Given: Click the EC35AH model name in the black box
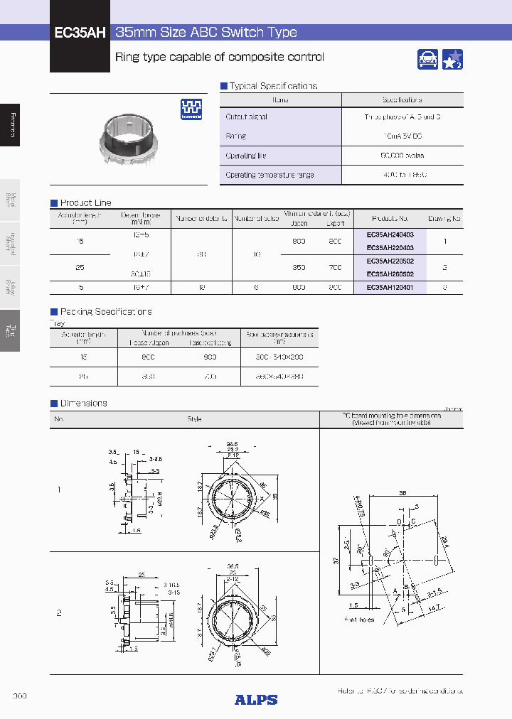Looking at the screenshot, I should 80,33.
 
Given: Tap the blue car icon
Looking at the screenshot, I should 427,60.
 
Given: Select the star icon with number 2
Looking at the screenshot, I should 452,60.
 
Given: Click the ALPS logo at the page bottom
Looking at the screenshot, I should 256,700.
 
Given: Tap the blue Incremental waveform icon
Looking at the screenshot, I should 191,109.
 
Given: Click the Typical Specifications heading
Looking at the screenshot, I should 273,86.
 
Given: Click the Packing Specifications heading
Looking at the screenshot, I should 105,312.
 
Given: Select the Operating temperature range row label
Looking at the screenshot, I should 270,175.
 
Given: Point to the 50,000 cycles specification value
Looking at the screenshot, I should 402,155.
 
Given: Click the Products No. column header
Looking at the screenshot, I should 390,219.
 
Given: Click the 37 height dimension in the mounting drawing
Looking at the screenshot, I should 336,561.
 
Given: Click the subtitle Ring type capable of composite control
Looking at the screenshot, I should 220,58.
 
